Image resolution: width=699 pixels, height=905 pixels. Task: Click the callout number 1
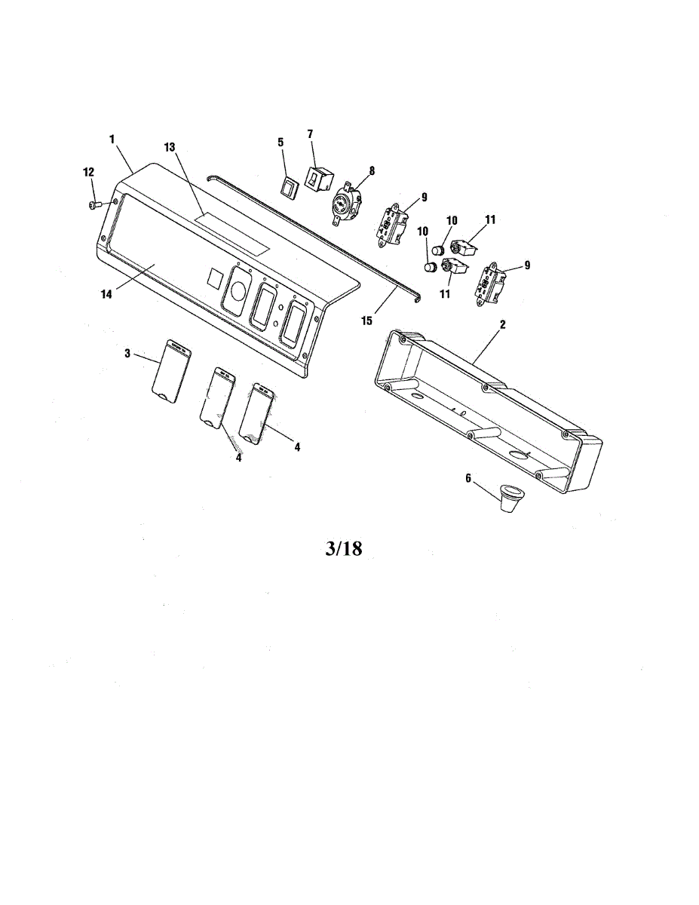coord(112,140)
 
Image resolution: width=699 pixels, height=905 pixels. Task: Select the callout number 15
coord(367,321)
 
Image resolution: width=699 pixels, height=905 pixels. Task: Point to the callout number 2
coord(503,324)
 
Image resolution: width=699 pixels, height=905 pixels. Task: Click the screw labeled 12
coord(94,204)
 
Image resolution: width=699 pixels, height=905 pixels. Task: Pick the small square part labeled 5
coord(288,185)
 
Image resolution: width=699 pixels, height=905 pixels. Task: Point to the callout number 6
coord(468,478)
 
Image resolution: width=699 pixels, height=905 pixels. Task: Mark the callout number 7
coord(310,134)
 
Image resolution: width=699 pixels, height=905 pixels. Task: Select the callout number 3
coord(127,352)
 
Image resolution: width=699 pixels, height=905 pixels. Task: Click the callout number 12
coord(88,173)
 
